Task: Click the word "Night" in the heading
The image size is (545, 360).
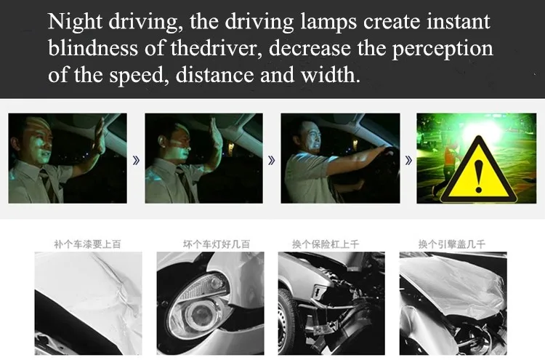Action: [75, 23]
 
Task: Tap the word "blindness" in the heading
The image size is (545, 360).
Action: [93, 48]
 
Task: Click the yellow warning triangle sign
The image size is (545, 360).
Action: [478, 170]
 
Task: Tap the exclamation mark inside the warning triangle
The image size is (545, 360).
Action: [479, 176]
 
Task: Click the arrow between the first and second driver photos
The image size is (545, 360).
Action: [137, 160]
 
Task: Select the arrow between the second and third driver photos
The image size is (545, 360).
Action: [272, 160]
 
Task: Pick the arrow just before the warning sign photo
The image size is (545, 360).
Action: [408, 160]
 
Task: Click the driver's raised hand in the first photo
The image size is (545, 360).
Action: [99, 136]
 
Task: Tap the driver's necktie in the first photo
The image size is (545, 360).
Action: [48, 184]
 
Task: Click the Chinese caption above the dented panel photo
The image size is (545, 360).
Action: [88, 244]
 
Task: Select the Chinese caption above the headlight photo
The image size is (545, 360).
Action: [217, 244]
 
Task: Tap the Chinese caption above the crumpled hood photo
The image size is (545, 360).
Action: [452, 244]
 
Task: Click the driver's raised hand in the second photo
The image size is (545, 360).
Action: [216, 134]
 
